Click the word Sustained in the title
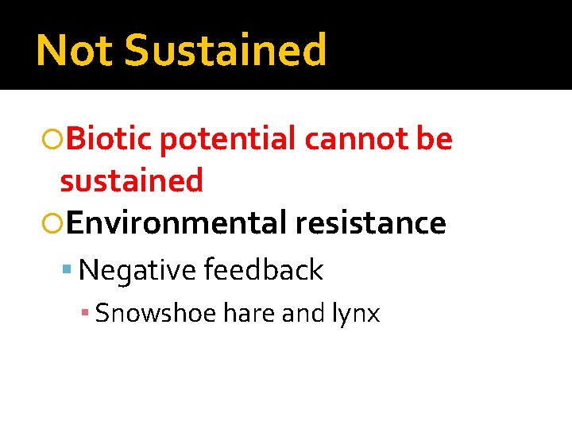226,50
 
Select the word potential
228,141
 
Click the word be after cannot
434,139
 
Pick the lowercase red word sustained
132,181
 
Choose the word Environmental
176,223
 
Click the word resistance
370,223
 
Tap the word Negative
137,271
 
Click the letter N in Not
51,50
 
